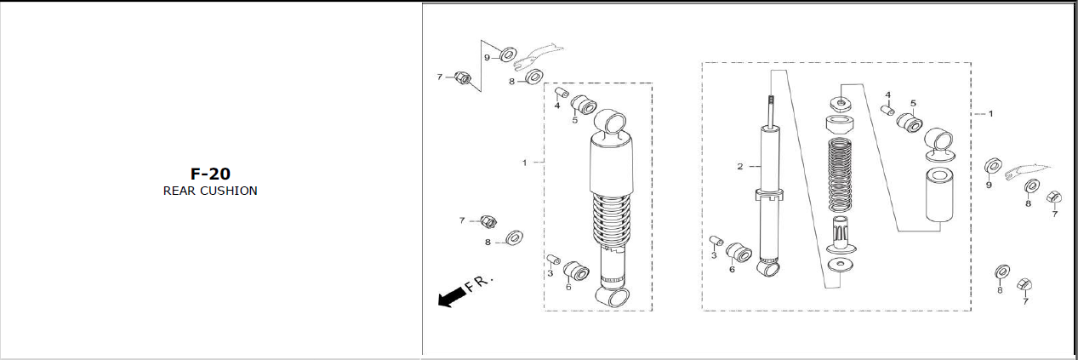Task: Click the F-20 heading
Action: click(210, 174)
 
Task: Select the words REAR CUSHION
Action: click(210, 191)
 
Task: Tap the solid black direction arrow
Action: click(452, 296)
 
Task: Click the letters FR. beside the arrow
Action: click(479, 283)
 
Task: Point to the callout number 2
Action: click(740, 167)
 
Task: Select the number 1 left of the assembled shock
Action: click(525, 163)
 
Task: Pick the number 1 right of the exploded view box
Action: click(990, 114)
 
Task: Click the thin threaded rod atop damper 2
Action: click(771, 111)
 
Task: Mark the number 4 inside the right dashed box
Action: click(888, 94)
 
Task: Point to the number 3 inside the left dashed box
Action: click(550, 273)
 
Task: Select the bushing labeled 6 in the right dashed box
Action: click(739, 252)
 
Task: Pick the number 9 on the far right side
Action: click(989, 185)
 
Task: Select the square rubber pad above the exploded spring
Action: click(841, 104)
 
